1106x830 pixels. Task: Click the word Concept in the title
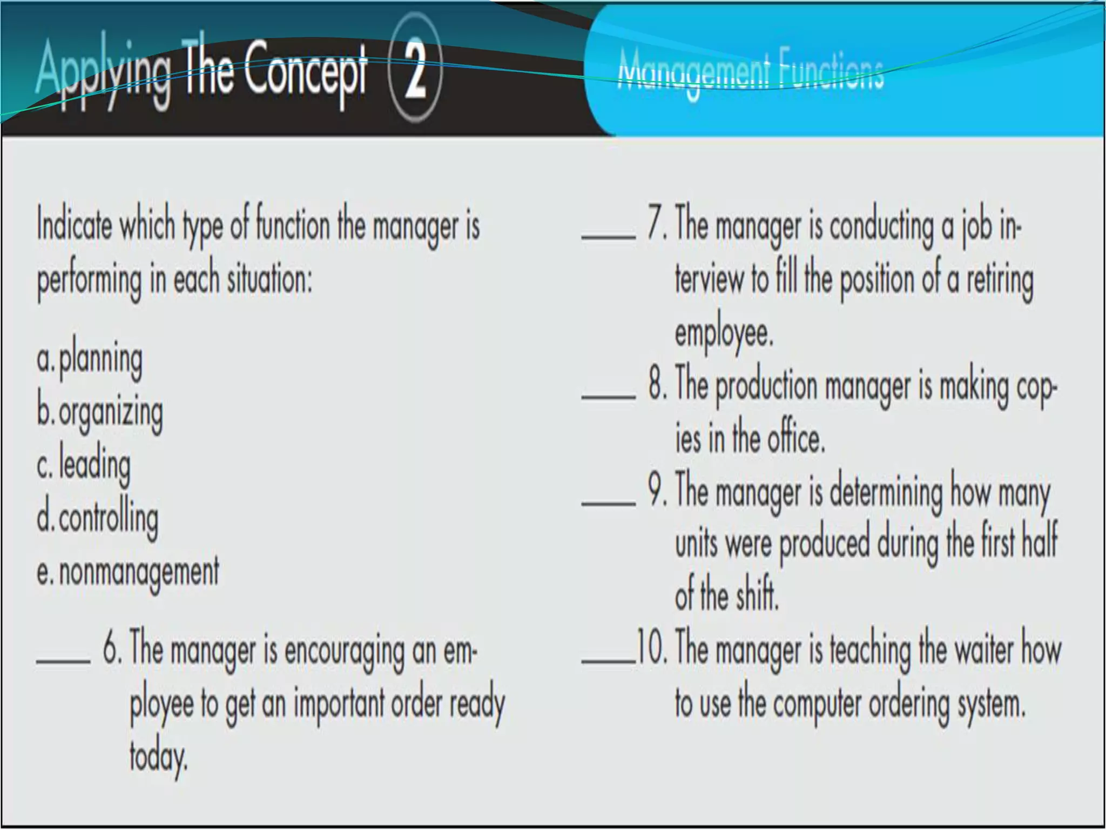click(x=305, y=70)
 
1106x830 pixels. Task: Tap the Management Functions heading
click(x=751, y=73)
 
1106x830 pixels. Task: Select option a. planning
click(x=90, y=359)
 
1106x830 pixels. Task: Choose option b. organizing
click(x=100, y=412)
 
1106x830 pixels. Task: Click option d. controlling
click(x=98, y=518)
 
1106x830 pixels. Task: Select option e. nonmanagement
click(x=128, y=572)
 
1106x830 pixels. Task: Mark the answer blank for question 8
click(x=608, y=396)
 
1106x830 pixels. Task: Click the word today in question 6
click(x=158, y=758)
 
